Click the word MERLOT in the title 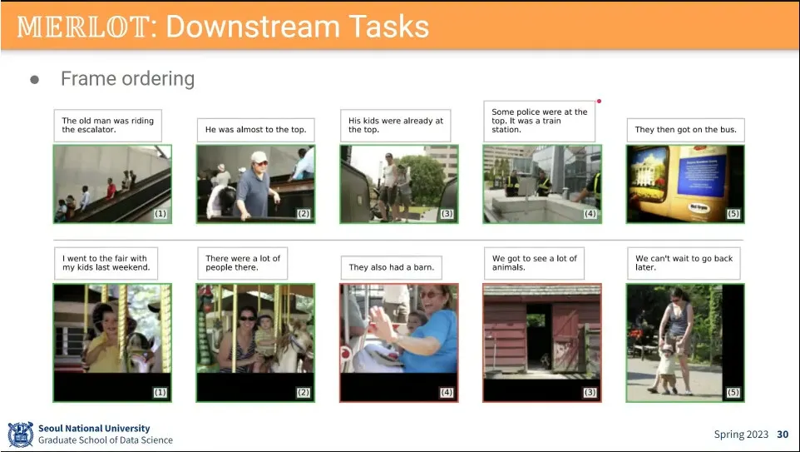tap(84, 27)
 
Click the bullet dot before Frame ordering tap(35, 80)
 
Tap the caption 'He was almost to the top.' tap(255, 130)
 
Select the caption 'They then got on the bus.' tap(686, 130)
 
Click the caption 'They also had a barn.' tap(392, 267)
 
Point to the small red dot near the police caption tap(599, 101)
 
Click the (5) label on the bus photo tap(733, 213)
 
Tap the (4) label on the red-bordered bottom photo tap(447, 392)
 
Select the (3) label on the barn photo tap(590, 392)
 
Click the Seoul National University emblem tap(21, 435)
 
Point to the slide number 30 tap(783, 435)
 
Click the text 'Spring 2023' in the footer tap(741, 435)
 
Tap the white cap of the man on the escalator tap(259, 156)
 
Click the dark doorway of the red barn tap(539, 335)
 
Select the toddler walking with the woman tap(666, 368)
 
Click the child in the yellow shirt tap(104, 340)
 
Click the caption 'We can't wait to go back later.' tap(684, 263)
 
